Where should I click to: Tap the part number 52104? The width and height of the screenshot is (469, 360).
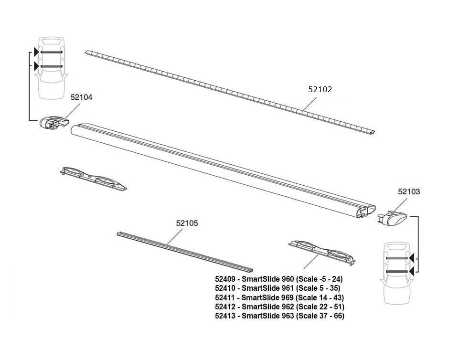pyautogui.click(x=81, y=97)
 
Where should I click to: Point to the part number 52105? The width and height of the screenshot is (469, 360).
pyautogui.click(x=187, y=223)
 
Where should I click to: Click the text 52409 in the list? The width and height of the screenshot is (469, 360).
pyautogui.click(x=226, y=279)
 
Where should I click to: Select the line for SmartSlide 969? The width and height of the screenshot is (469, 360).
pyautogui.click(x=279, y=297)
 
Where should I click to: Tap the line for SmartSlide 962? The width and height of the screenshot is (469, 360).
pyautogui.click(x=279, y=307)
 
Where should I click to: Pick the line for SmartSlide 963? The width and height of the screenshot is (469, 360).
pyautogui.click(x=279, y=316)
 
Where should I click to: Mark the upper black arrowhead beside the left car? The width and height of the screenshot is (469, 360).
pyautogui.click(x=37, y=52)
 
